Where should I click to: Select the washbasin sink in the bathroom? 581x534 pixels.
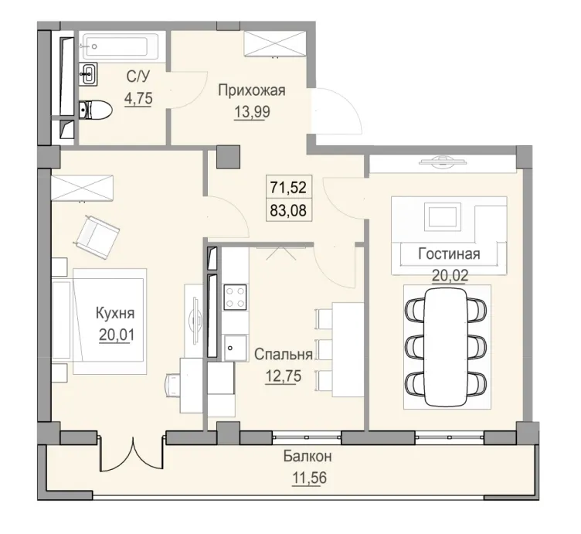89,75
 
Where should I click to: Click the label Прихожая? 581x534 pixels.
251,90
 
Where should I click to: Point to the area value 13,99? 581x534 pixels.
251,111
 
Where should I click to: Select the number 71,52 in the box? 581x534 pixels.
286,186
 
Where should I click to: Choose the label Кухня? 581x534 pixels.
115,314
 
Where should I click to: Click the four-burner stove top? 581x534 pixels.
235,297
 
